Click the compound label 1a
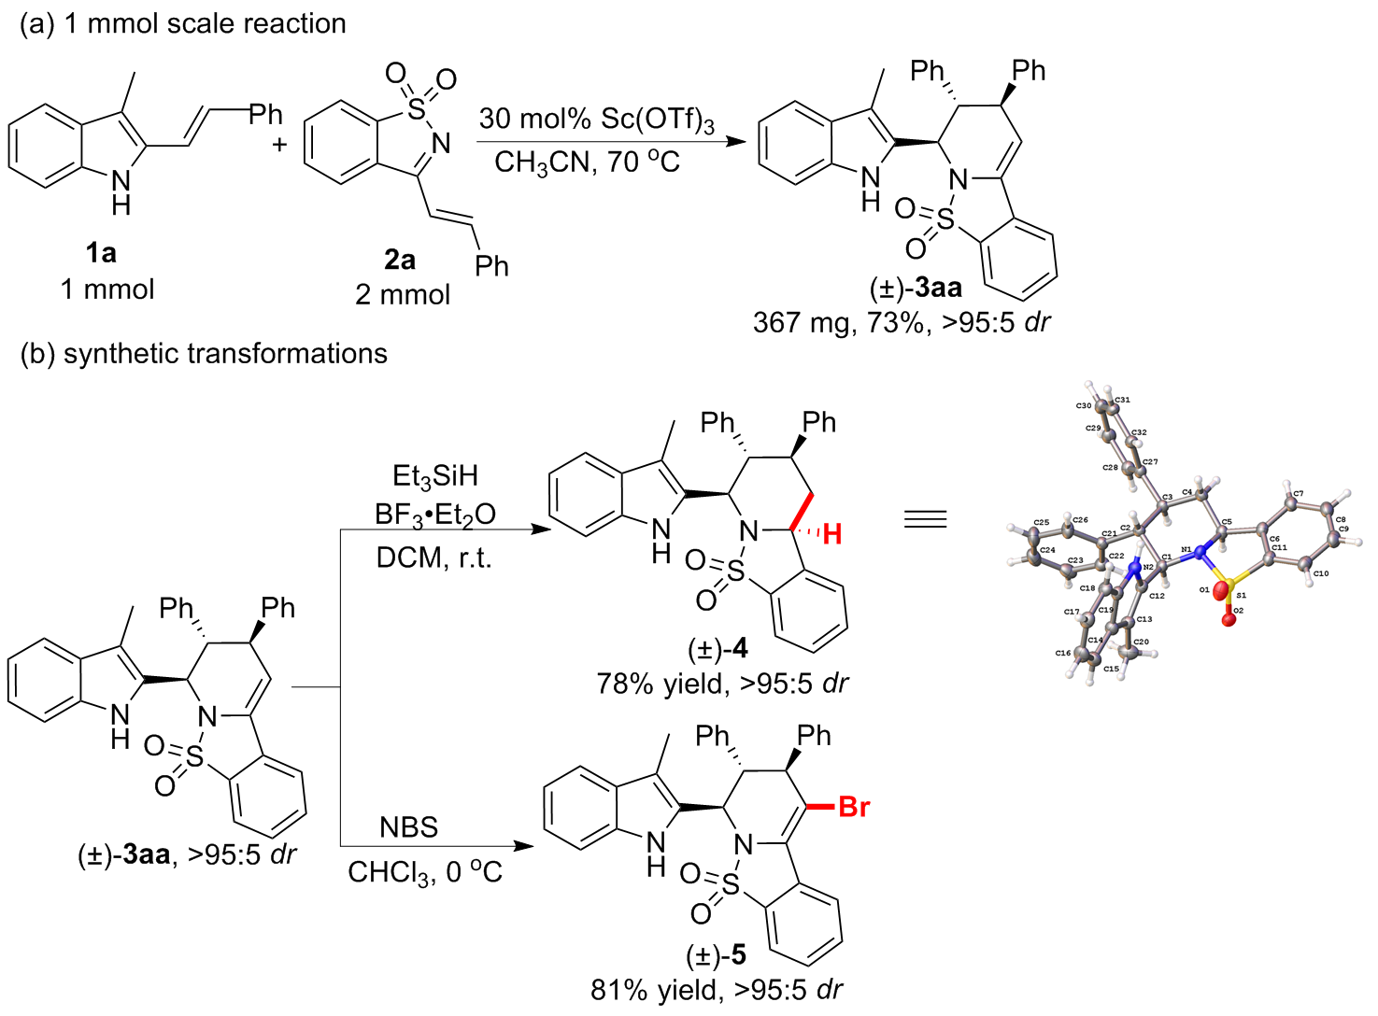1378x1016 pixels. pyautogui.click(x=100, y=253)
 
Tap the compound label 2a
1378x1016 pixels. pyautogui.click(x=400, y=260)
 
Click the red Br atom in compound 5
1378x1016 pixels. pyautogui.click(x=854, y=807)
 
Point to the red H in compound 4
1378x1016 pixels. pyautogui.click(x=832, y=534)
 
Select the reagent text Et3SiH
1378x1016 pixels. pyautogui.click(x=434, y=476)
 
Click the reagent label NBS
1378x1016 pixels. pyautogui.click(x=408, y=827)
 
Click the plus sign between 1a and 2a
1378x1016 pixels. pyautogui.click(x=279, y=145)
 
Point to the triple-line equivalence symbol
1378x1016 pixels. pyautogui.click(x=925, y=519)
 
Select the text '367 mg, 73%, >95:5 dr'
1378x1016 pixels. pyautogui.click(x=902, y=322)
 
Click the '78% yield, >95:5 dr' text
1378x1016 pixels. pyautogui.click(x=722, y=684)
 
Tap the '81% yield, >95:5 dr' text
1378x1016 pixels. pyautogui.click(x=717, y=989)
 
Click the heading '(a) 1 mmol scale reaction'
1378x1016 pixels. pyautogui.click(x=183, y=23)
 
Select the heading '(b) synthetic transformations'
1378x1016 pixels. pyautogui.click(x=204, y=354)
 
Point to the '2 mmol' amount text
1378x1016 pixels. pyautogui.click(x=403, y=295)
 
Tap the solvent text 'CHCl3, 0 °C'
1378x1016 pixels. pyautogui.click(x=425, y=872)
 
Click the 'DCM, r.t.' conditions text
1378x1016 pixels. pyautogui.click(x=433, y=558)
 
